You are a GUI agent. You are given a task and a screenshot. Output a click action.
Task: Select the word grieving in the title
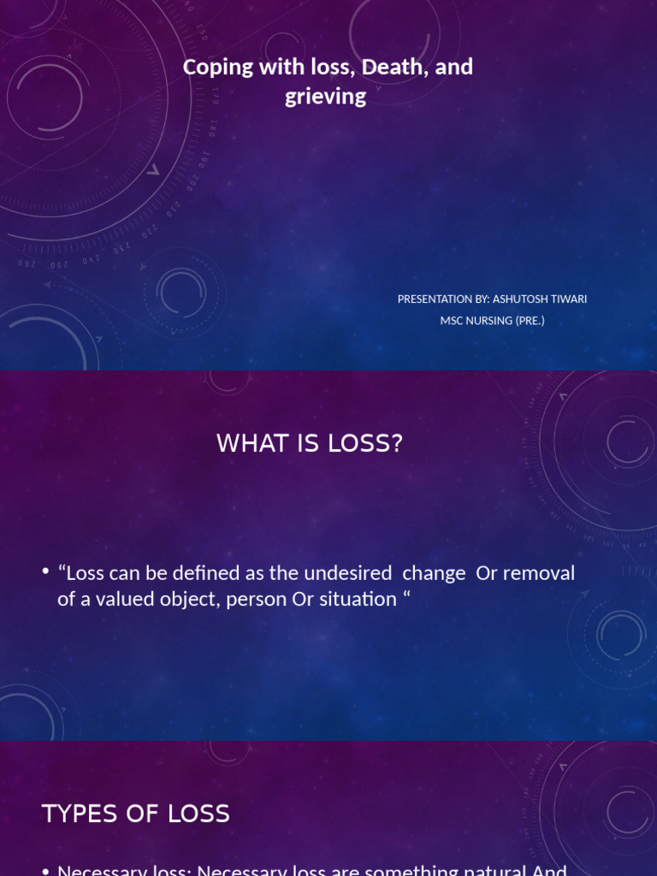325,96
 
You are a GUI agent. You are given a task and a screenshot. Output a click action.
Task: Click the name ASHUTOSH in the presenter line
523,299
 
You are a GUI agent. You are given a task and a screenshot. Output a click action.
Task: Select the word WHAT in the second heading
248,443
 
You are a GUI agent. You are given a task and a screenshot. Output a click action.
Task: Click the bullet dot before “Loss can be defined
45,571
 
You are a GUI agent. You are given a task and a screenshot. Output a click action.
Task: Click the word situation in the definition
358,599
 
